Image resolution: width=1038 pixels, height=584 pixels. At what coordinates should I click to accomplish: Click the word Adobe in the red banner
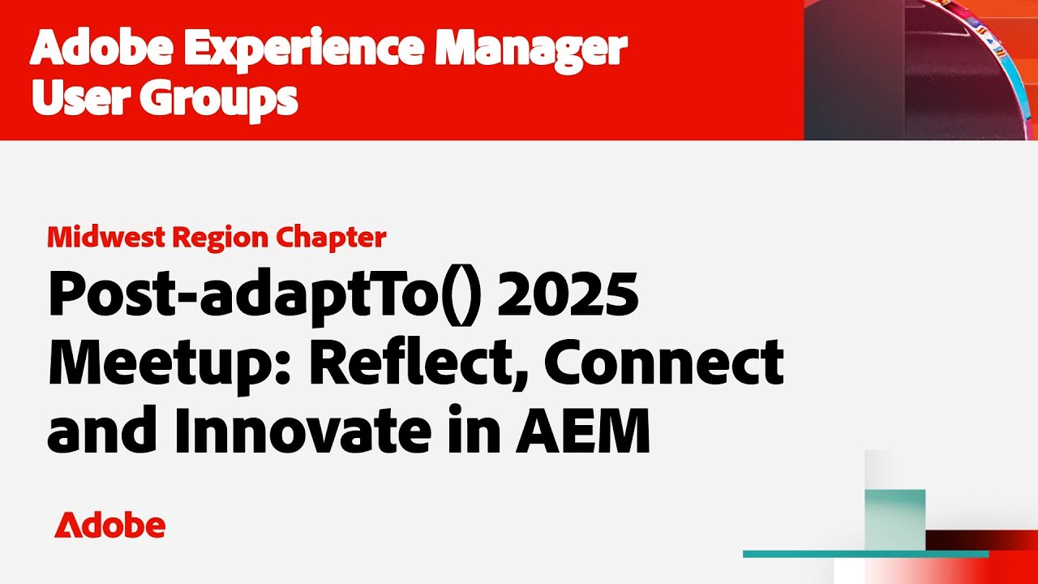coord(101,50)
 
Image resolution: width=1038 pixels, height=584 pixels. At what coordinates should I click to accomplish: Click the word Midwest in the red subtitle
coord(105,237)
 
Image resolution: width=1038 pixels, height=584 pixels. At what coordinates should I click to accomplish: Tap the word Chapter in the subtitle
coord(332,237)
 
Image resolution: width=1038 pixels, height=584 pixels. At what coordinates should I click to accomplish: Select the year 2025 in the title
coord(568,295)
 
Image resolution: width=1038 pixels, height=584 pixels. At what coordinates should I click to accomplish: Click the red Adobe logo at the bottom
coord(109,526)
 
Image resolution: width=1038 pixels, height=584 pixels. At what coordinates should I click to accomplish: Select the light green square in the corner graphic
coord(894,519)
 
